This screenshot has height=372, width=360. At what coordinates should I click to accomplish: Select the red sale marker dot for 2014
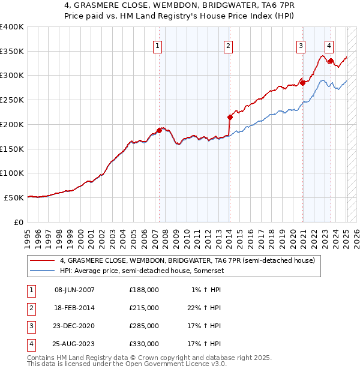(230, 117)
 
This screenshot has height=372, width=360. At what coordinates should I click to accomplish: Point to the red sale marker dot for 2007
(159, 130)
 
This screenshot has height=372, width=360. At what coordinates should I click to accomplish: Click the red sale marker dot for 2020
(303, 83)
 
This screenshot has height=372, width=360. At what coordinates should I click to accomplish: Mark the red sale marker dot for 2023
(331, 61)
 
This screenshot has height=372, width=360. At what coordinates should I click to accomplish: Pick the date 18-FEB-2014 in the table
(74, 308)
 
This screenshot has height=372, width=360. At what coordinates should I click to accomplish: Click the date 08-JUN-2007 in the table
(74, 290)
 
